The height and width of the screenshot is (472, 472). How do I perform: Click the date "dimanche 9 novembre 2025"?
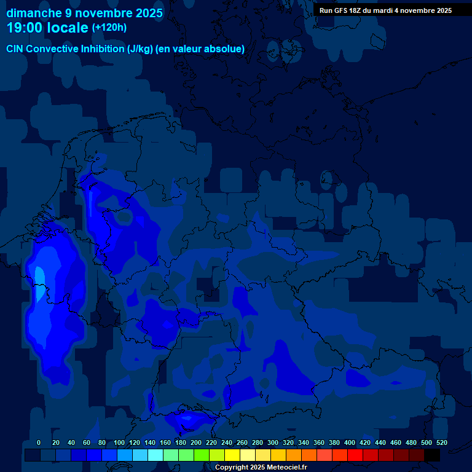pos(85,13)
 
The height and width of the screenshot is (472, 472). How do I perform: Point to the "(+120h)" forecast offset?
pos(109,28)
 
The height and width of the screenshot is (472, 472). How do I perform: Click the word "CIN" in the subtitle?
pos(15,49)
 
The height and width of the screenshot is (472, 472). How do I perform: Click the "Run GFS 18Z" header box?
pos(385,10)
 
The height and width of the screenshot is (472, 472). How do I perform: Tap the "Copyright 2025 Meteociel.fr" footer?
pos(261,467)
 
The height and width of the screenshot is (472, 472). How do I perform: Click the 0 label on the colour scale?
pos(39,442)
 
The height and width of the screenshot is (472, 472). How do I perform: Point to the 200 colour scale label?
pos(196,442)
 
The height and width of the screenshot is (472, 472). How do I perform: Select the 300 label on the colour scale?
pos(273,442)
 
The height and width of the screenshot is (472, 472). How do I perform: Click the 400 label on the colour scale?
pos(350,442)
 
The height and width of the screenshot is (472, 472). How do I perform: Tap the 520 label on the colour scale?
pos(441,442)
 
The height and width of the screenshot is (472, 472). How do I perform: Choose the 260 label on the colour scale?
pos(242,442)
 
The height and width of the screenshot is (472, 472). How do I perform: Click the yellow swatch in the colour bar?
pos(232,455)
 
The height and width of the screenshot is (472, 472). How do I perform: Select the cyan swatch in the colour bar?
pos(155,455)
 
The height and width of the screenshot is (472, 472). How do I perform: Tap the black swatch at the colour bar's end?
pos(432,455)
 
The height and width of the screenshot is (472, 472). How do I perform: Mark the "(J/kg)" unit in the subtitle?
pos(141,49)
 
